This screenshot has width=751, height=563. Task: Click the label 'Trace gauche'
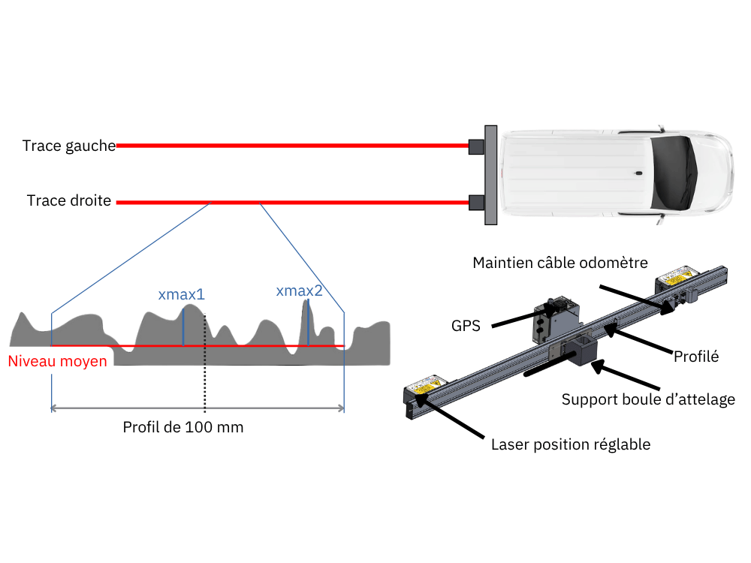pos(69,146)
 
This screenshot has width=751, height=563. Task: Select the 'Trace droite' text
pos(69,200)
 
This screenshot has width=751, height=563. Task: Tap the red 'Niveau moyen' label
pos(58,361)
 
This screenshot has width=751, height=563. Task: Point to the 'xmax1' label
pos(182,294)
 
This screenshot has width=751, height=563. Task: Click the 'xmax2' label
pos(300,291)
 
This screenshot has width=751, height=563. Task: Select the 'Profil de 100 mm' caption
pos(183,427)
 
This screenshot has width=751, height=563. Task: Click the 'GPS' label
pos(466,326)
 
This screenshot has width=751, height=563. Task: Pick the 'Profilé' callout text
pos(696,357)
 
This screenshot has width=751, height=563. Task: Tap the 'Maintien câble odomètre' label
pos(560,263)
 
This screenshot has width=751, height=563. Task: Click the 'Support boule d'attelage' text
pos(648,399)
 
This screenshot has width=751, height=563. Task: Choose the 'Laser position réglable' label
pos(571,444)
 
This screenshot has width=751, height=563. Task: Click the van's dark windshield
pos(673,173)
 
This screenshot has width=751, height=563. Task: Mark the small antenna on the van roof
pos(638,173)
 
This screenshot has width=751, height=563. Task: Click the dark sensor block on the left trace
pos(476,146)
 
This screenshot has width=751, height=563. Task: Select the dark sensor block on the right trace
pos(476,203)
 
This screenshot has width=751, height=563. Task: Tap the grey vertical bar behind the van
pos(490,175)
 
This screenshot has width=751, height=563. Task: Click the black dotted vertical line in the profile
pos(204,363)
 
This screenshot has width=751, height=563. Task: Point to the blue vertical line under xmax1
pos(183,327)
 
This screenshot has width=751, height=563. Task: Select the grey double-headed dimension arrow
pos(198,408)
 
